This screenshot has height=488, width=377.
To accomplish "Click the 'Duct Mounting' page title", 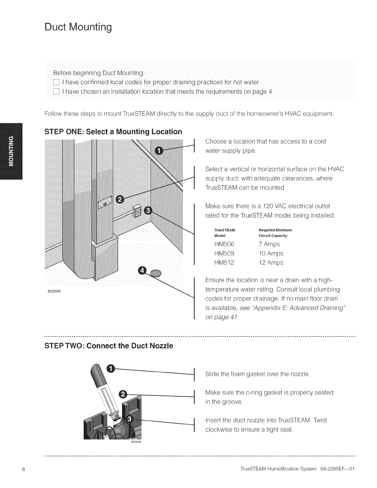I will pos(78,28).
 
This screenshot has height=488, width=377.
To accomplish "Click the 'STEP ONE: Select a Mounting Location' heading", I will pos(113,132).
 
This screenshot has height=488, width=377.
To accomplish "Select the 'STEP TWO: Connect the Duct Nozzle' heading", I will pos(109,346).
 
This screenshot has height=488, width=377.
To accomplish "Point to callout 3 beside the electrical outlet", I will pos(148,210).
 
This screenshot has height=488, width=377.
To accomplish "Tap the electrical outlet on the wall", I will pos(137,212).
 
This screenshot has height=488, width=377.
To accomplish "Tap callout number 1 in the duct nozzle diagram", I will pos(111,368).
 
